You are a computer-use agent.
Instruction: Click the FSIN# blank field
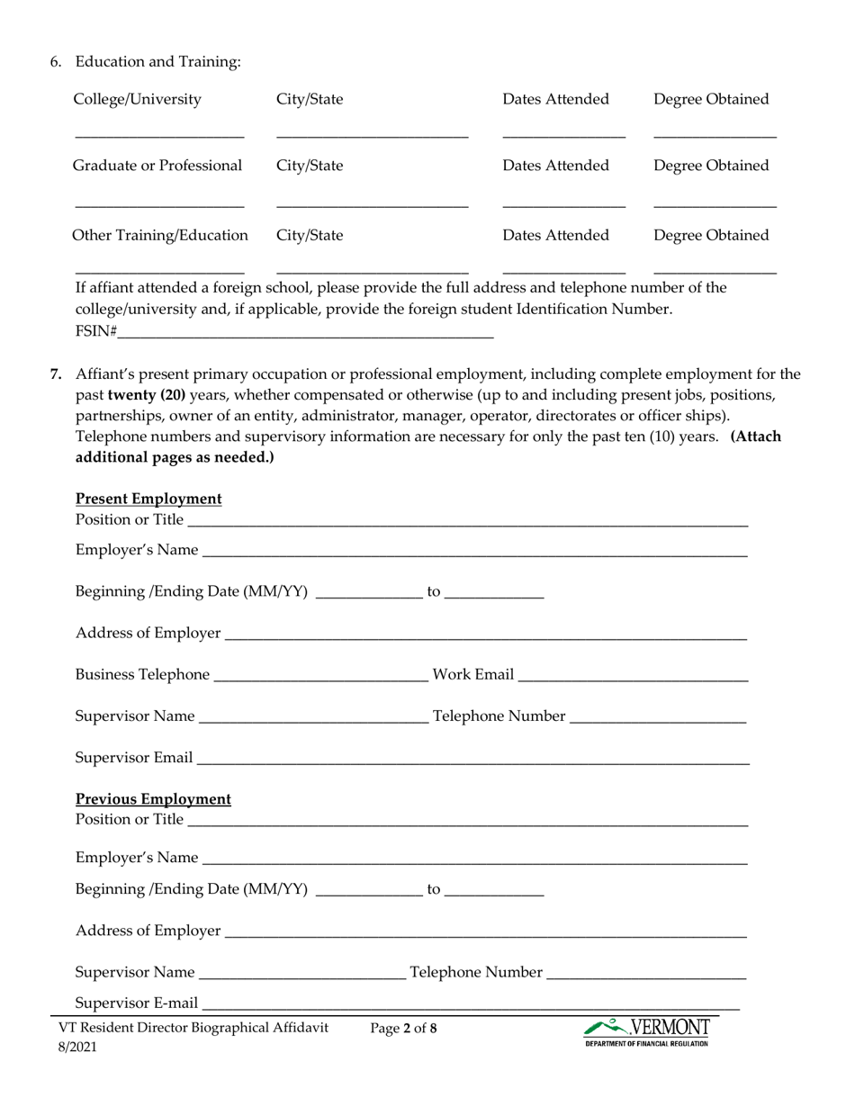(x=306, y=330)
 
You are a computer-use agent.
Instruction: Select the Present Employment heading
(x=148, y=499)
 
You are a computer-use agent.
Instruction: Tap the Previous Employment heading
(x=153, y=799)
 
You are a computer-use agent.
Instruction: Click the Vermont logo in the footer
(x=646, y=1031)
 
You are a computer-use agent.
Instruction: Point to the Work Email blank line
(x=633, y=675)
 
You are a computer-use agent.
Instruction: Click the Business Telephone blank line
(x=320, y=675)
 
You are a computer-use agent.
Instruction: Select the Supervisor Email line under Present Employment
(x=472, y=758)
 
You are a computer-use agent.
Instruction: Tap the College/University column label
(x=137, y=99)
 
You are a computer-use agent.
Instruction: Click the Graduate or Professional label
(x=157, y=166)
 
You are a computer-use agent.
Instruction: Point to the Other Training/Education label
(x=160, y=236)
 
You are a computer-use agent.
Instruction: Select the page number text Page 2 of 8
(x=403, y=1028)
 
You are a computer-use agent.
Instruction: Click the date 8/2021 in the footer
(x=77, y=1048)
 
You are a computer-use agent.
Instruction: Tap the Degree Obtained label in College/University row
(x=711, y=99)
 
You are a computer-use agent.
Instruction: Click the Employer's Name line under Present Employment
(x=474, y=551)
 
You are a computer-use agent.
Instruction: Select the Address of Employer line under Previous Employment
(x=485, y=931)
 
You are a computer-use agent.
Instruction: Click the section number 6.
(x=56, y=61)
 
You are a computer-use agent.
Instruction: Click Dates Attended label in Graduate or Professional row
(x=555, y=166)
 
